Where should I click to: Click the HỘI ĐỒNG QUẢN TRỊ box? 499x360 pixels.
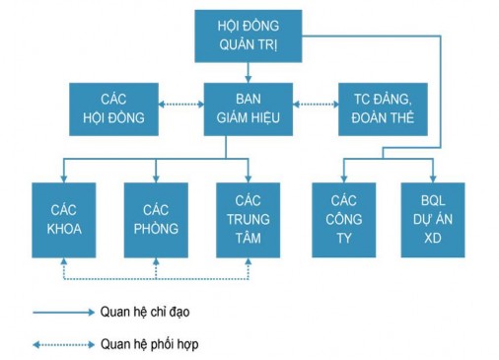tap(248, 36)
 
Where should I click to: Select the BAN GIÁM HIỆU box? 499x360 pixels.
tap(248, 108)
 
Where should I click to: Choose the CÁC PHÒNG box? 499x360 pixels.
tap(157, 219)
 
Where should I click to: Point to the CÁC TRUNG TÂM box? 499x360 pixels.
tap(249, 219)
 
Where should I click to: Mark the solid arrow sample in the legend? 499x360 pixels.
tap(61, 312)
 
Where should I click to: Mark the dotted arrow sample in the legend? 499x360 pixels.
tap(61, 344)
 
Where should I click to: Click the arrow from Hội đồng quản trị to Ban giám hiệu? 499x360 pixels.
tap(248, 72)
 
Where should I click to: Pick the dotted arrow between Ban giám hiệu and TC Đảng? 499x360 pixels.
tap(315, 102)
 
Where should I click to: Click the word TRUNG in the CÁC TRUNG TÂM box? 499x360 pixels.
tap(249, 219)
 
